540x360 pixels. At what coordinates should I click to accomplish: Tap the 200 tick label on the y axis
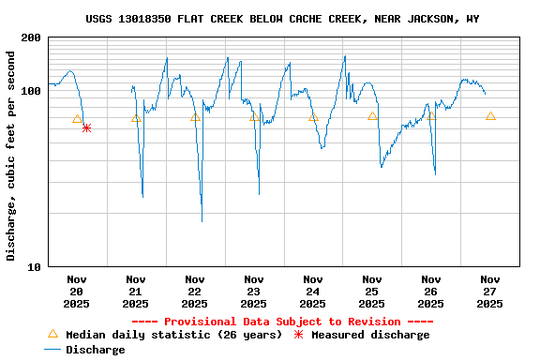coord(30,37)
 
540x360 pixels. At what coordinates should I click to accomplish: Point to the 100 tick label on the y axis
coord(30,91)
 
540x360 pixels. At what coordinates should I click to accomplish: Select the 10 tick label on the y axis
coord(33,267)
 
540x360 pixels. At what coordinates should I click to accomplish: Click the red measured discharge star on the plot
coord(86,127)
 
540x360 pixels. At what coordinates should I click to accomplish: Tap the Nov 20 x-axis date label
coord(77,291)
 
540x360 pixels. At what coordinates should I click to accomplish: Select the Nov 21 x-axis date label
coord(136,291)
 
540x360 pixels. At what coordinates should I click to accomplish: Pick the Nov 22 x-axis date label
coord(195,291)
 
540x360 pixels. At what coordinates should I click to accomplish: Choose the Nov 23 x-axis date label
coord(254,291)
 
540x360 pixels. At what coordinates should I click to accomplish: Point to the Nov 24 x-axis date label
coord(313,291)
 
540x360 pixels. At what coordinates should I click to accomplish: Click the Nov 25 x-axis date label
coord(372,291)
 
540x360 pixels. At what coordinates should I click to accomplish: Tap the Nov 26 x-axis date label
coord(431,291)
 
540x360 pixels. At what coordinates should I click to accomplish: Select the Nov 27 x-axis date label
coord(490,291)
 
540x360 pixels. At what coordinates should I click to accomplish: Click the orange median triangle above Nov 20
coord(77,119)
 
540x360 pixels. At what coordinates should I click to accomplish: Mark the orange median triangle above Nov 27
coord(490,116)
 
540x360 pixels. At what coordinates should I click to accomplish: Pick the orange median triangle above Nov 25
coord(372,116)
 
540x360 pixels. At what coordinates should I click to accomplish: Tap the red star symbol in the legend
coord(299,335)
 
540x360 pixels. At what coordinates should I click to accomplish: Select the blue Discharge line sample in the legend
coord(52,350)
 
